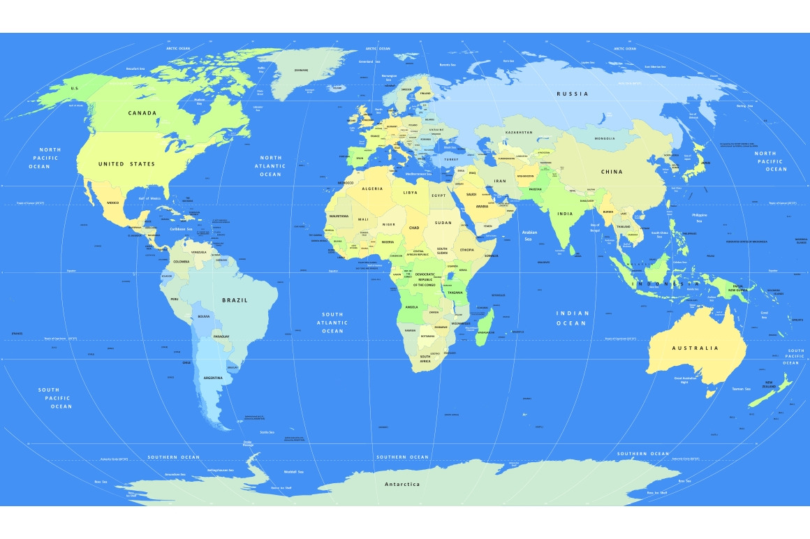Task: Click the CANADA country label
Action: click(x=142, y=112)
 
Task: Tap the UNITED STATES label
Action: click(x=126, y=164)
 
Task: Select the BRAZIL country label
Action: click(x=235, y=300)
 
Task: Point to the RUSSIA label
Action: click(x=572, y=94)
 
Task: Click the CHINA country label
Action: click(x=612, y=172)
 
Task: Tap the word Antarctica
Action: click(x=402, y=484)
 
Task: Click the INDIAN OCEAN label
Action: click(x=573, y=318)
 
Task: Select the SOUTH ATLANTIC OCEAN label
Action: click(x=332, y=323)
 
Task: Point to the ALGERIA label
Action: click(x=372, y=189)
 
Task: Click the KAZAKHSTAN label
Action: click(x=519, y=133)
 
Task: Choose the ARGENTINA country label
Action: click(x=212, y=378)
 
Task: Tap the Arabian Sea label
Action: click(x=530, y=235)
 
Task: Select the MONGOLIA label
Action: click(x=605, y=138)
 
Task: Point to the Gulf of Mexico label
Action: click(x=150, y=198)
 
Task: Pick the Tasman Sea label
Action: click(x=741, y=389)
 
